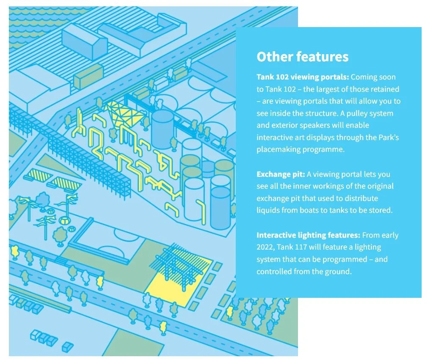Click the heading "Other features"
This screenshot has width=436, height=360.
(x=302, y=57)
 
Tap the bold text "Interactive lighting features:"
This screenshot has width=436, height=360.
(x=308, y=235)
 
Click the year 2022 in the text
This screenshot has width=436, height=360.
(x=265, y=247)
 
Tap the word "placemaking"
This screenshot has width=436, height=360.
(x=280, y=150)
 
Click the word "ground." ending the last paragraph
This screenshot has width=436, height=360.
(x=338, y=272)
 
